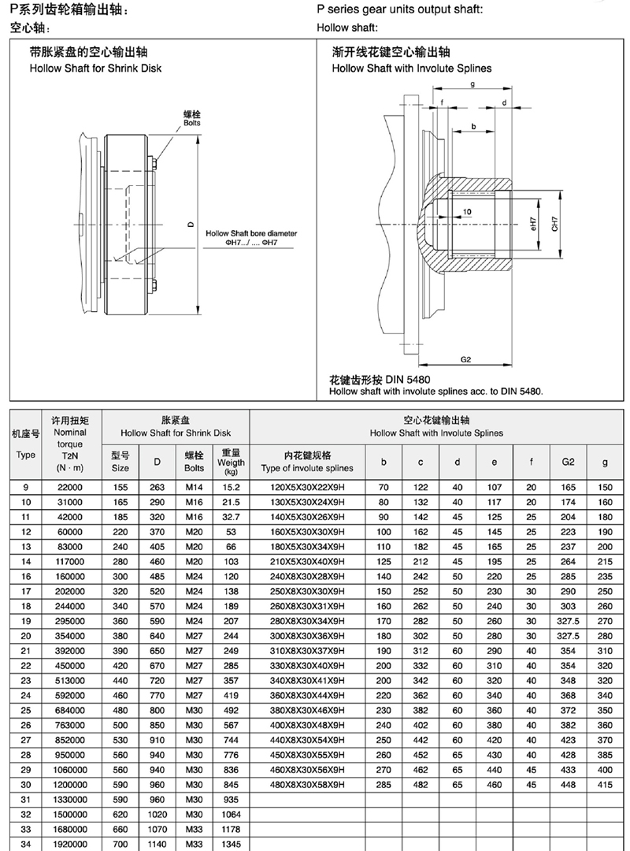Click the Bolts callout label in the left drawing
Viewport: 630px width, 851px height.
pos(191,123)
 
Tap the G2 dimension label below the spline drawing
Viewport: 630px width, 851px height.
pos(465,359)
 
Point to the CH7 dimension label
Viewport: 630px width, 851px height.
pos(554,224)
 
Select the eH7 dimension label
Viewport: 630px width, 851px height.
pos(533,224)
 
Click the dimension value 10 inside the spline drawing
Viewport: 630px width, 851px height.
pos(467,212)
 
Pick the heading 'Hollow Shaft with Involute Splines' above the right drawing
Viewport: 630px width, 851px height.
pos(412,69)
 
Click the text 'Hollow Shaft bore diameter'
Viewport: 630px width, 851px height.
pos(251,233)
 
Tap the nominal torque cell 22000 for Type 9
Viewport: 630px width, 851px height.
pos(70,488)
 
